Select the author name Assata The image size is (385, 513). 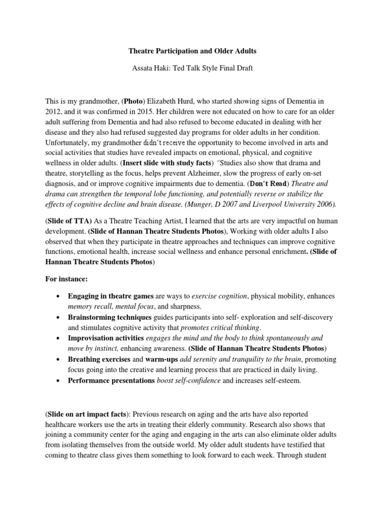(x=141, y=68)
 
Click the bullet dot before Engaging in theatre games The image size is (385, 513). (x=60, y=297)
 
